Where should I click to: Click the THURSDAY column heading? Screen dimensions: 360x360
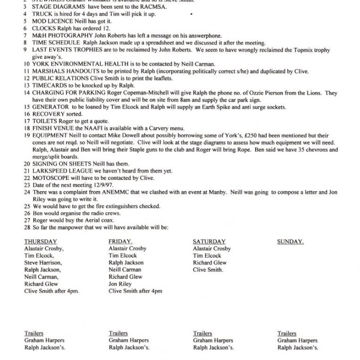tap(40, 241)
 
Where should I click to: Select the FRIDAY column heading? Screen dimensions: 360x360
tap(120, 241)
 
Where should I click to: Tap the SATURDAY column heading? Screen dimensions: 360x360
tap(209, 241)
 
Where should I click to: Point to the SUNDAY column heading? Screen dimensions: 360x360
tap(290, 241)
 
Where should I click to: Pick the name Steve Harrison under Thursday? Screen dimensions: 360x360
tap(43, 262)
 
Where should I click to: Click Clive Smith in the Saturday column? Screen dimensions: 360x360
tap(208, 269)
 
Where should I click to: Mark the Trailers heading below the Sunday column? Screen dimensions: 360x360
tap(287, 333)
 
